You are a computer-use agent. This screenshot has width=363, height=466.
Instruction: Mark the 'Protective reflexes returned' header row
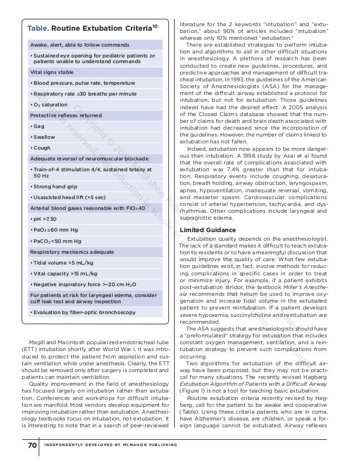[65, 115]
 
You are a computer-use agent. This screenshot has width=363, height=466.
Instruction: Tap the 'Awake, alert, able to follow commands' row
[80, 44]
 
